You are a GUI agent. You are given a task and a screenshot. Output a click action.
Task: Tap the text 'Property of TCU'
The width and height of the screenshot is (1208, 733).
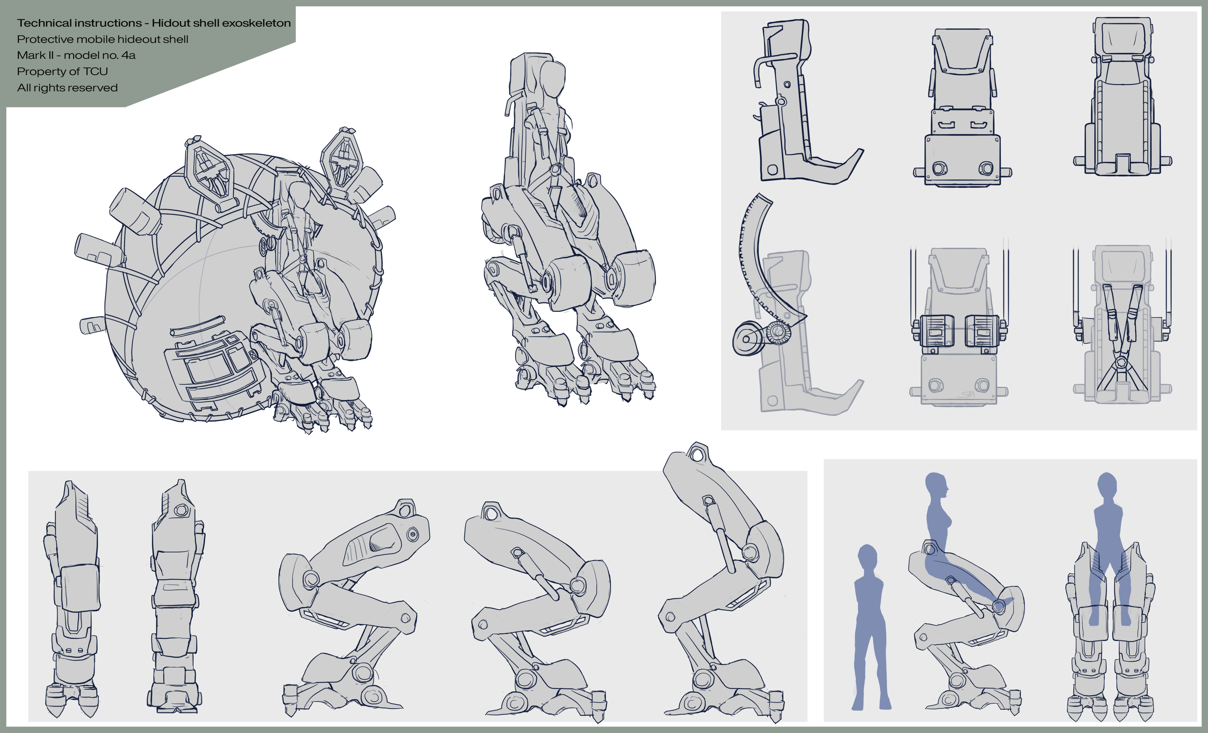(x=62, y=72)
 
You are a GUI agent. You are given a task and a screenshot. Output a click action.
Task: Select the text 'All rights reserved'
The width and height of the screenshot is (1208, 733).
(x=67, y=88)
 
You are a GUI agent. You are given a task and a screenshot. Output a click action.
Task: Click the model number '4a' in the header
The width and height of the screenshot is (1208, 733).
(x=128, y=55)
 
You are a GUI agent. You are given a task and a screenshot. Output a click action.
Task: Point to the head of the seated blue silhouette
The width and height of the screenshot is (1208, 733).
(x=936, y=487)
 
